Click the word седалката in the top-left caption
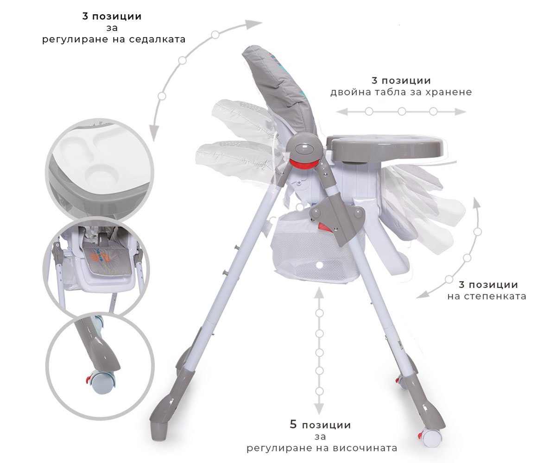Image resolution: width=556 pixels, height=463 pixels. point(157,39)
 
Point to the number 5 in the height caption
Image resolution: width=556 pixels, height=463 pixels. point(293,425)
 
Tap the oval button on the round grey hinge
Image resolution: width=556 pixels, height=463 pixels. point(305,148)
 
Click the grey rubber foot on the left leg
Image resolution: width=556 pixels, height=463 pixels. point(159,430)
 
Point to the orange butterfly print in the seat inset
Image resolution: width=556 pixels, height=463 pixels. point(100,257)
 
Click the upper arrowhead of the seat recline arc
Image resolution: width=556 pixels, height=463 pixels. point(254,24)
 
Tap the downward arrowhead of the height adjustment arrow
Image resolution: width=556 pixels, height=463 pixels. point(319,409)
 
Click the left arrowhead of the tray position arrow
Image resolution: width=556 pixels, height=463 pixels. point(342,112)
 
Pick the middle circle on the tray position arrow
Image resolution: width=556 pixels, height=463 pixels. point(402,112)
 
